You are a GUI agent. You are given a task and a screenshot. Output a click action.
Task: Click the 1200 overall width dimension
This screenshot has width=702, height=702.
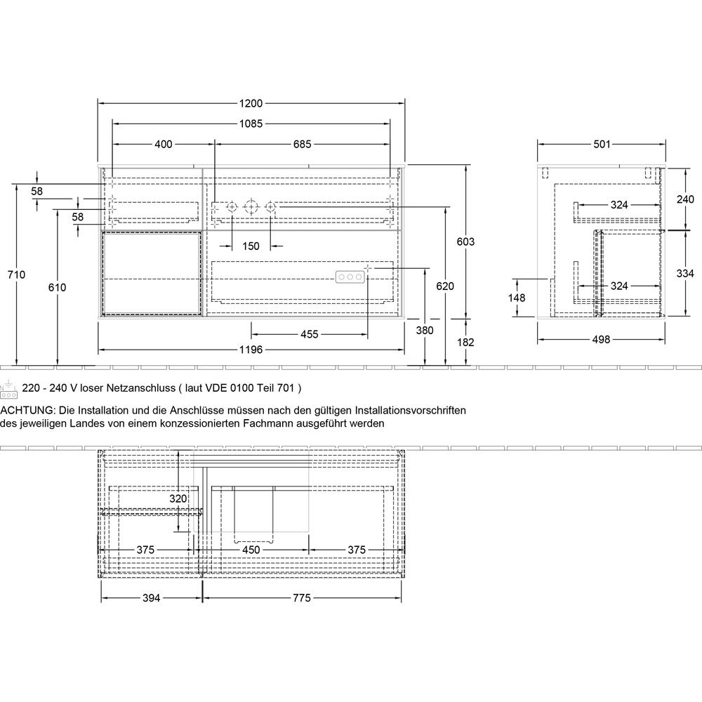(x=251, y=103)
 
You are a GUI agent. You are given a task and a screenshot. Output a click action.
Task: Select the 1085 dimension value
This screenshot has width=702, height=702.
(x=251, y=124)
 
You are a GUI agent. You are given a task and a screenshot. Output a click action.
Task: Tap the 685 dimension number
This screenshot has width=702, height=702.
(x=302, y=144)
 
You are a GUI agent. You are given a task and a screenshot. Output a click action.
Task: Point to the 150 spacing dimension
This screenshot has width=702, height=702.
(x=251, y=246)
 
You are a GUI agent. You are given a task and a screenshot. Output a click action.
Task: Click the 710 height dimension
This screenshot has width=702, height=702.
(x=17, y=274)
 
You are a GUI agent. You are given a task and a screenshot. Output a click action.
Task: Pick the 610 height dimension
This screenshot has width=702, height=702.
(x=58, y=287)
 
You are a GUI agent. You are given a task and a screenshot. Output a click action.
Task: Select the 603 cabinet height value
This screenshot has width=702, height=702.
(x=465, y=241)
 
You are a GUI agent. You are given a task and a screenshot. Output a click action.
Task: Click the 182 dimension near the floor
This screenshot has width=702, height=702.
(x=465, y=342)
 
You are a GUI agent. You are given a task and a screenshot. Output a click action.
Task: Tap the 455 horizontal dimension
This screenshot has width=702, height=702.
(x=310, y=334)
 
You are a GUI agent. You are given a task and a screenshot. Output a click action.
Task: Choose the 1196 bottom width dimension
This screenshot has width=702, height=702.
(x=251, y=350)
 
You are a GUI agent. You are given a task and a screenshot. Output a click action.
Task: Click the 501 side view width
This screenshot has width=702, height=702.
(x=602, y=144)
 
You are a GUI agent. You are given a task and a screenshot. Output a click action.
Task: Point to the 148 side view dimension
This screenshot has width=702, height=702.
(x=517, y=298)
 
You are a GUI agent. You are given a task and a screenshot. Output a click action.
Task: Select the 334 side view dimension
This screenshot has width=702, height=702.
(x=685, y=273)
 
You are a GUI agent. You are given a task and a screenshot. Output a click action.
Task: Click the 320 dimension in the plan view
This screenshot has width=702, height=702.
(x=178, y=498)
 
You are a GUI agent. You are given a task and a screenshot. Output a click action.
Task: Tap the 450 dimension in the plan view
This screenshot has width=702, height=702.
(x=251, y=550)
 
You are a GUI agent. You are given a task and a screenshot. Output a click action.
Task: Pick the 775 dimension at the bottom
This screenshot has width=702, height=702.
(x=302, y=597)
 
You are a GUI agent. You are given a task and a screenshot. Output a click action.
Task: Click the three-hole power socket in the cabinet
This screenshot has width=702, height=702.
(x=350, y=277)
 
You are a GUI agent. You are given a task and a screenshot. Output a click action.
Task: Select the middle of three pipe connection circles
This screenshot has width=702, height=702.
(x=251, y=207)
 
